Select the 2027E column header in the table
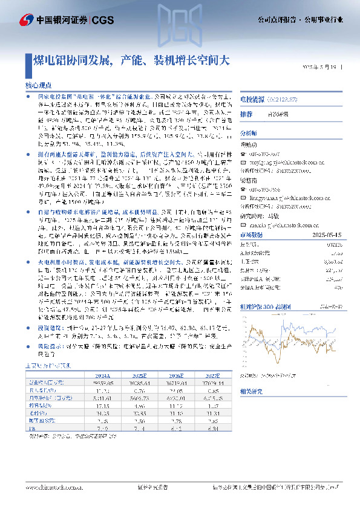210,374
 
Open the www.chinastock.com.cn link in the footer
49,486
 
